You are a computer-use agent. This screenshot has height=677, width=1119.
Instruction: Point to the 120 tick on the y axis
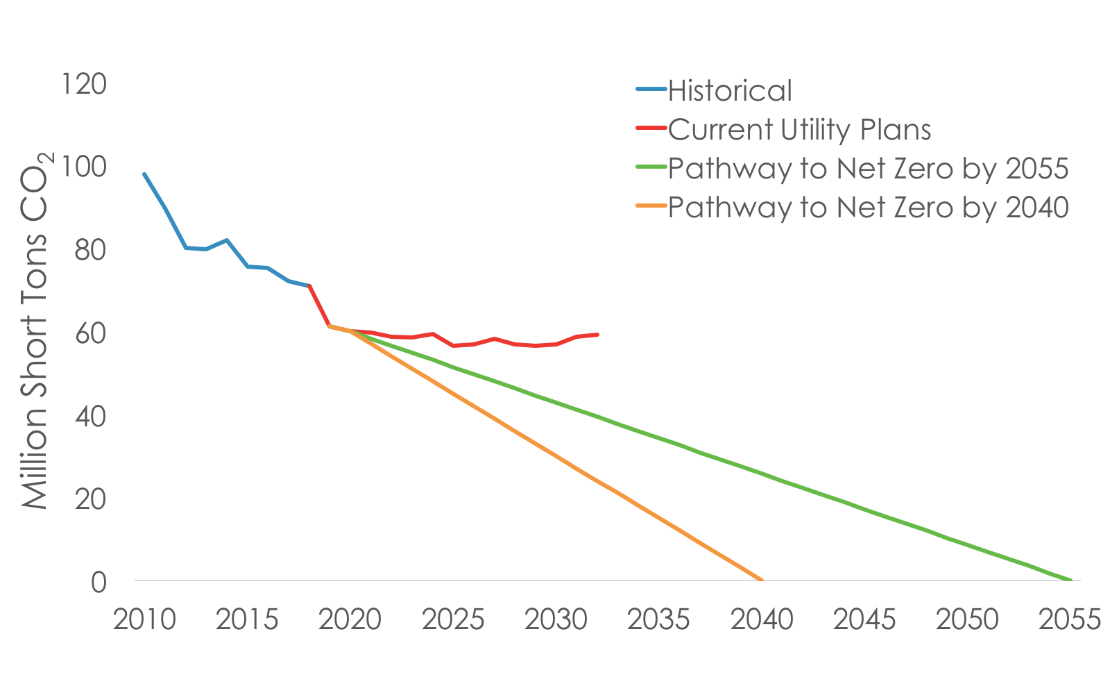[x=85, y=85]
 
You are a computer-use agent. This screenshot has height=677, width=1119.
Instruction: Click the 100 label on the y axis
[x=85, y=167]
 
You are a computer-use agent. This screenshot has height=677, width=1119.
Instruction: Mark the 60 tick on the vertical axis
[x=91, y=334]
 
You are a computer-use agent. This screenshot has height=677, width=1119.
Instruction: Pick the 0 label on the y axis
[x=99, y=582]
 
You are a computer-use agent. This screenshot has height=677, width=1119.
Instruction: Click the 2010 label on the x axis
[x=144, y=619]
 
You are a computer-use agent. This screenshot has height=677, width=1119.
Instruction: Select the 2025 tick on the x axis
[x=453, y=619]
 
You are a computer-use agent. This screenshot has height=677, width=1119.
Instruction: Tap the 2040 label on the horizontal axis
[x=762, y=619]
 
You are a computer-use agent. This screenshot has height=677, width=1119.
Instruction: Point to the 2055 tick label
[x=1070, y=619]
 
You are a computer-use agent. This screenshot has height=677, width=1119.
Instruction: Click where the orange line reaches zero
[x=762, y=580]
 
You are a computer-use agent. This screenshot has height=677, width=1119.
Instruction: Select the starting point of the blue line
[x=144, y=174]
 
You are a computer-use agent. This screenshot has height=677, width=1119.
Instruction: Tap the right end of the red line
[x=597, y=335]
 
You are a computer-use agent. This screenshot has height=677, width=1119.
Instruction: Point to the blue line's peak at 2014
[x=226, y=240]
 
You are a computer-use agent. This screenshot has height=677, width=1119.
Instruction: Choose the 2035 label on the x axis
[x=659, y=619]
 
